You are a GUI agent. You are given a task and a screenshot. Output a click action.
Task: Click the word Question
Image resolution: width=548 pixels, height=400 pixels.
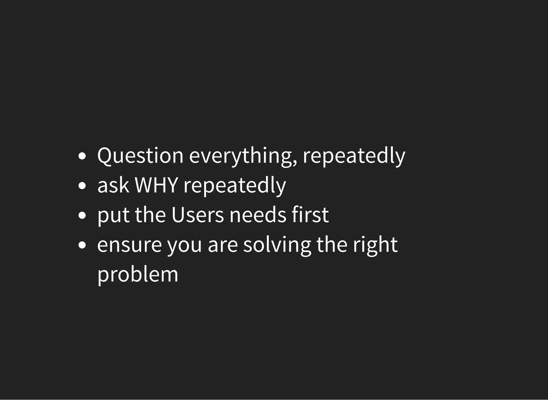tap(140, 156)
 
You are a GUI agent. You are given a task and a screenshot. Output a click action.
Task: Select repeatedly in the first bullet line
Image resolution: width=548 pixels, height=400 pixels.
tap(354, 156)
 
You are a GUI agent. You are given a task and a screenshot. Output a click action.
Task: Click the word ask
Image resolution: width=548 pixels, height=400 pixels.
tap(113, 185)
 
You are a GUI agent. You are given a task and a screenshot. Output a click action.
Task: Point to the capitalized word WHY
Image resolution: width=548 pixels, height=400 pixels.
tap(156, 185)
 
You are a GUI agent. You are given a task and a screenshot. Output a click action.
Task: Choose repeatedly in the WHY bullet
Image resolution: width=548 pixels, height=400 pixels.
tap(235, 185)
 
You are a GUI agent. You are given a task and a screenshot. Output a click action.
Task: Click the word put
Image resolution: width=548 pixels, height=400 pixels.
tap(113, 215)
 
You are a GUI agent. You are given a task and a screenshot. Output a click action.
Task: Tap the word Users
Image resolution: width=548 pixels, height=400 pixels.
tap(197, 215)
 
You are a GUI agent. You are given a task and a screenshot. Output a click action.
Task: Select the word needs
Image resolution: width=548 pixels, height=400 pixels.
tap(258, 215)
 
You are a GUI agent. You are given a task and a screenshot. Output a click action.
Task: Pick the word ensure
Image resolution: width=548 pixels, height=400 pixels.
tap(129, 245)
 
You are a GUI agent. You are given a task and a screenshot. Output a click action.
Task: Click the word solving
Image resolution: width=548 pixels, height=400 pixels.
tap(277, 245)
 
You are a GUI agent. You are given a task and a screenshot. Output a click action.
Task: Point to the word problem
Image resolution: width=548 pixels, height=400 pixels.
tap(138, 275)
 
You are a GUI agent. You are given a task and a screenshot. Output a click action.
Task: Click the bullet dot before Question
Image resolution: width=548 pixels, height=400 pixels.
tap(82, 156)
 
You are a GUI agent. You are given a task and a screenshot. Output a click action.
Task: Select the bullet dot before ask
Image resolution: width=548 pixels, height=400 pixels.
tap(82, 186)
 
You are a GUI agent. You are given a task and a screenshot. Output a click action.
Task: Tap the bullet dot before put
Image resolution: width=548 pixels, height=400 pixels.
tap(82, 215)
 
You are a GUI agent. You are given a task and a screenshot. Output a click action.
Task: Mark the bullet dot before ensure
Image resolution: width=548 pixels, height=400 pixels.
tap(82, 245)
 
